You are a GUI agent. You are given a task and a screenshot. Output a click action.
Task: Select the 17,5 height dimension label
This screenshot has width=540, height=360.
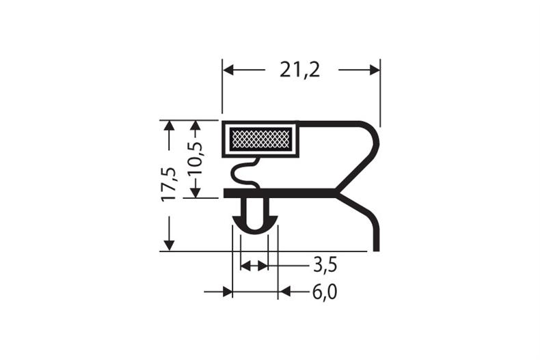(x=169, y=184)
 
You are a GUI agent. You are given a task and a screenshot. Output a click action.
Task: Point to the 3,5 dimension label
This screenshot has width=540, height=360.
(x=325, y=264)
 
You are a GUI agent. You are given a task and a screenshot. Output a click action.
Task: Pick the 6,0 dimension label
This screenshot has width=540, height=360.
(x=325, y=292)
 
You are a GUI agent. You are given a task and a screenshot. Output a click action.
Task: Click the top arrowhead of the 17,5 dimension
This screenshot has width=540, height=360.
(x=169, y=126)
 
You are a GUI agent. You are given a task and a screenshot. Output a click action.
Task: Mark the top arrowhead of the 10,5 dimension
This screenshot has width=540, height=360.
(x=195, y=126)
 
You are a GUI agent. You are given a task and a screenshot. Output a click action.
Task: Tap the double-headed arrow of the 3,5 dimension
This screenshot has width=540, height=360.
(x=254, y=264)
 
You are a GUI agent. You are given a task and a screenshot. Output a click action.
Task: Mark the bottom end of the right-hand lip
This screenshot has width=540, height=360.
(x=375, y=247)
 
